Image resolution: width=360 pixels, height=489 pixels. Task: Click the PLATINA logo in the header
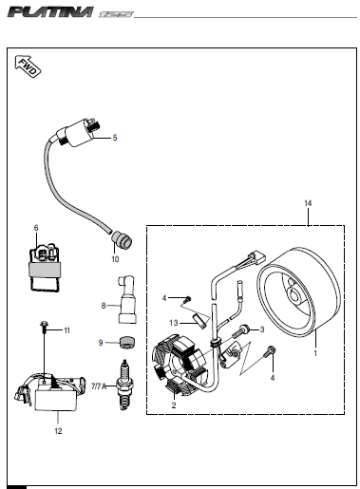click(x=50, y=12)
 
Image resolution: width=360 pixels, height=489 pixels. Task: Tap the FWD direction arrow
click(x=28, y=66)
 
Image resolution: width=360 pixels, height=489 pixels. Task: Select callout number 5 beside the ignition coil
click(x=115, y=138)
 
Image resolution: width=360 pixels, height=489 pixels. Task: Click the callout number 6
click(x=36, y=228)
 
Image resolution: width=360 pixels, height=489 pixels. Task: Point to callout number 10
click(x=115, y=259)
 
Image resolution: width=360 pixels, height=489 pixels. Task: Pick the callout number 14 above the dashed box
click(x=308, y=203)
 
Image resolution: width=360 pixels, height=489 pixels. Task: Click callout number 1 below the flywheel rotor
click(x=315, y=353)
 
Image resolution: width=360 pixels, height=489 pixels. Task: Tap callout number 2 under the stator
click(x=174, y=405)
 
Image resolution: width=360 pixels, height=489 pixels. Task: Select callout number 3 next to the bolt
click(x=262, y=329)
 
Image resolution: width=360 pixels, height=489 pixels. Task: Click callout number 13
click(x=174, y=323)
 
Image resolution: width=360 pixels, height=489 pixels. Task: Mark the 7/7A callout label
click(x=99, y=386)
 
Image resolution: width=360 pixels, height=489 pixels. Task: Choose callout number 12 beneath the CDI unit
click(x=58, y=431)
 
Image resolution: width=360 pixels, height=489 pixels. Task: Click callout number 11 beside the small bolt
click(x=66, y=330)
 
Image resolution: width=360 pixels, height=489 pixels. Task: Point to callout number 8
click(x=104, y=306)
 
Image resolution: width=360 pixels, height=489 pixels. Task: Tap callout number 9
click(x=101, y=343)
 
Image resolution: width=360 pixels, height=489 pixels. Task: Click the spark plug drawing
click(x=125, y=385)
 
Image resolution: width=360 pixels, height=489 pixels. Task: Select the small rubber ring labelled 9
click(x=127, y=342)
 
